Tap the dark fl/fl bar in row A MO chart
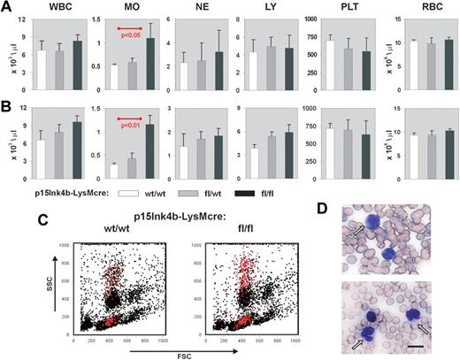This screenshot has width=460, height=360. tap(149, 65)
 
